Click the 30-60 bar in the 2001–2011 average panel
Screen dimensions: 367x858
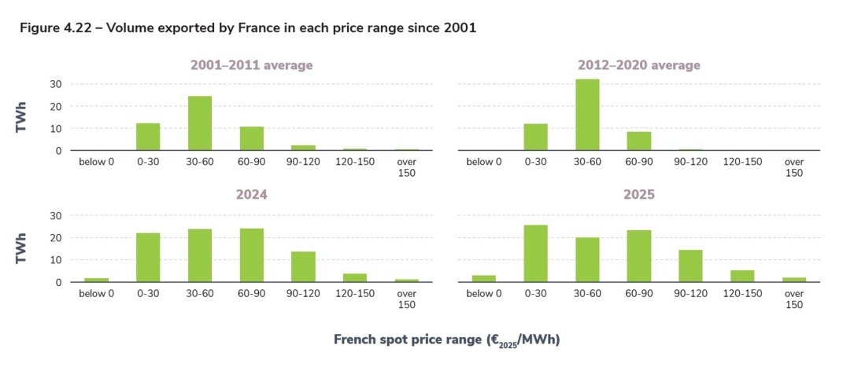tap(200, 123)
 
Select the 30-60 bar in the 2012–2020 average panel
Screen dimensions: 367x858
tap(587, 115)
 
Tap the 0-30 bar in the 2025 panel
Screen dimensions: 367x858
tap(535, 253)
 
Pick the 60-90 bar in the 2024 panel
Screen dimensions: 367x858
tap(251, 255)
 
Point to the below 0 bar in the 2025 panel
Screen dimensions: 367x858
tap(483, 278)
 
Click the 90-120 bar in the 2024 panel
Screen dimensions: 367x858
tap(303, 266)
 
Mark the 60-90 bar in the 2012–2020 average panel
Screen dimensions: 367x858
tap(639, 141)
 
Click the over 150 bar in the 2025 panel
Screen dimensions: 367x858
tap(794, 279)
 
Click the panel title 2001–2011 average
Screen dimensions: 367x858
tap(251, 65)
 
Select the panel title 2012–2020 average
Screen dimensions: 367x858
tap(638, 65)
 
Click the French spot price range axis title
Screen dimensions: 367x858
tap(446, 340)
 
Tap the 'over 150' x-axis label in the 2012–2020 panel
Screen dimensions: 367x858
tap(794, 167)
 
